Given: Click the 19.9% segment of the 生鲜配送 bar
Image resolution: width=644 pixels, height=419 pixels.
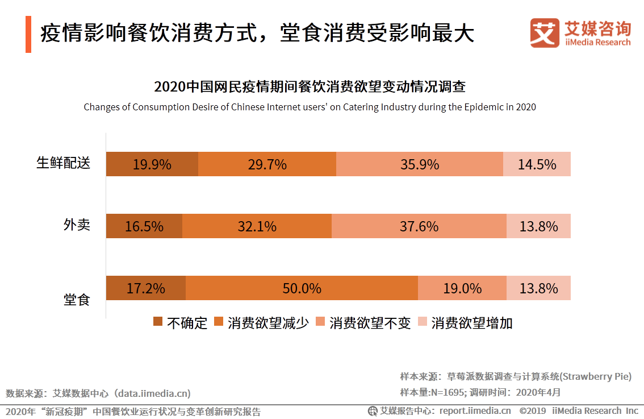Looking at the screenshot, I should click(x=152, y=164).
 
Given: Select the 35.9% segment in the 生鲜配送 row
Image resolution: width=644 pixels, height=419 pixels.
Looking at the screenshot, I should click(x=419, y=164).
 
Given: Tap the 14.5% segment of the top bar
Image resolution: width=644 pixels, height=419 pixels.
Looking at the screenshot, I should click(x=537, y=164).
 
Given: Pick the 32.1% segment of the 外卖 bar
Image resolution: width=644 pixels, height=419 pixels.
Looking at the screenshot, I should click(x=257, y=226).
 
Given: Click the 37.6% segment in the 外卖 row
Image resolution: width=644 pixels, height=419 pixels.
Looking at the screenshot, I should click(x=419, y=226).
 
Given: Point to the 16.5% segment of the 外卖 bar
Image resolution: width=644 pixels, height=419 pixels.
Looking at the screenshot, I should click(x=144, y=226).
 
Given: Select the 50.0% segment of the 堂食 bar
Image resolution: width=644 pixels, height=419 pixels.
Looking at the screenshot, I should click(x=302, y=288).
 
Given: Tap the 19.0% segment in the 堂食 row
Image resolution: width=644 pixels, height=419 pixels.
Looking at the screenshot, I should click(x=462, y=288).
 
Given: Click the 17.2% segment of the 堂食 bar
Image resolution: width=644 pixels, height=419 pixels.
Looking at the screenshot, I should click(x=146, y=288).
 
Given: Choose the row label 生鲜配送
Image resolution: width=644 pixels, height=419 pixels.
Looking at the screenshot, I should click(x=63, y=163).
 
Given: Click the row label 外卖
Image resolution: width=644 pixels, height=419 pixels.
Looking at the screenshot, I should click(x=77, y=225).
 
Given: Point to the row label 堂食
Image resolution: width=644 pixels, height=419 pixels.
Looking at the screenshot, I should click(x=77, y=299).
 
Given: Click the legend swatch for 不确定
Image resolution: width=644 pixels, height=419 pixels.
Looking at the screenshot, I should click(x=158, y=322).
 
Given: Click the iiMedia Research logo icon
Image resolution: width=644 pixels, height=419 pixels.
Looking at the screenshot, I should click(x=545, y=34).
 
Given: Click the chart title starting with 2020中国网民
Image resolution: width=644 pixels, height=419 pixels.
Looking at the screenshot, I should click(x=310, y=87).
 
